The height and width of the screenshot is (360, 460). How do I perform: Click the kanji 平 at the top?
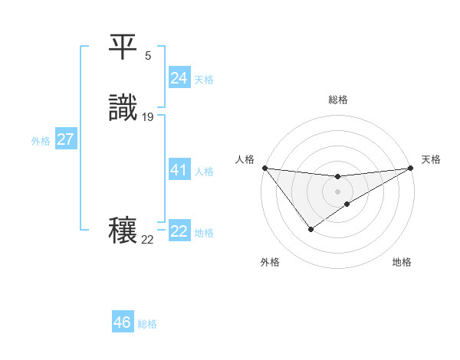tap(123, 47)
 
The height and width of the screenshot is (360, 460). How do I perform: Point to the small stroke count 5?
tap(148, 56)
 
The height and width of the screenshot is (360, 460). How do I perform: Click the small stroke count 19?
tap(148, 117)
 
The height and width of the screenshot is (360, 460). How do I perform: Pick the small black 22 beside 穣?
tap(147, 240)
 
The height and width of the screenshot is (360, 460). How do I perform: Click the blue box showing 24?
tap(179, 78)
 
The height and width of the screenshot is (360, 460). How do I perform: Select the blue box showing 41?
tap(179, 170)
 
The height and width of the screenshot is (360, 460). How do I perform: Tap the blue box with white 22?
tap(179, 231)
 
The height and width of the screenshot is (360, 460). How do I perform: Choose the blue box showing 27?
tap(66, 139)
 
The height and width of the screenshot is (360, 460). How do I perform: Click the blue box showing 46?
tap(122, 322)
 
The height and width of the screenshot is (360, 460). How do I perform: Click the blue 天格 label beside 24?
tap(204, 80)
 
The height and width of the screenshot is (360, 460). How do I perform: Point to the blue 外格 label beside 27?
tap(41, 141)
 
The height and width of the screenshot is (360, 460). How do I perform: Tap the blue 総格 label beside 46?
tap(147, 324)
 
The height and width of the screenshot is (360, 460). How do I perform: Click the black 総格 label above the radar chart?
tap(338, 100)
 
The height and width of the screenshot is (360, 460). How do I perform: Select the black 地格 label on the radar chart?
tap(402, 262)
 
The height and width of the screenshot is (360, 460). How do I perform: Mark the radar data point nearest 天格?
tap(410, 168)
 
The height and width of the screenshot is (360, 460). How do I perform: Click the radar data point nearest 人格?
tap(264, 168)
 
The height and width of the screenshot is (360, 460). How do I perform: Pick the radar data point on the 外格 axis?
tap(310, 229)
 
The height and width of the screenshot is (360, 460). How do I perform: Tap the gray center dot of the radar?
tap(338, 191)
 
